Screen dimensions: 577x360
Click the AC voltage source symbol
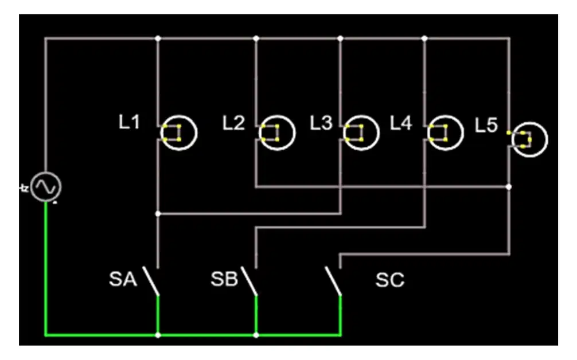(x=46, y=187)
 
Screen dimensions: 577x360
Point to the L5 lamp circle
(x=530, y=123)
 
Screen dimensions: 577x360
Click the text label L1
(x=129, y=122)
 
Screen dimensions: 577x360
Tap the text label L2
(x=233, y=123)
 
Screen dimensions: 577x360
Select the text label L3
(x=321, y=123)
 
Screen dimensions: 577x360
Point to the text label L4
(x=401, y=123)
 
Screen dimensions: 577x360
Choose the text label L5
(x=486, y=125)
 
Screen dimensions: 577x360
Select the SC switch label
(x=389, y=280)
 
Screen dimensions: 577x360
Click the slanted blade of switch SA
(x=151, y=280)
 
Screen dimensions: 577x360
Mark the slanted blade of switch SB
(x=249, y=280)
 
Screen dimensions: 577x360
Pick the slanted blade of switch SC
(x=333, y=280)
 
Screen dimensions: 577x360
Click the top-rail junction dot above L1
(x=158, y=38)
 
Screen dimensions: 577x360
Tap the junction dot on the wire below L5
(x=509, y=187)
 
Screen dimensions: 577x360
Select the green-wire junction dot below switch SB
(x=256, y=335)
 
